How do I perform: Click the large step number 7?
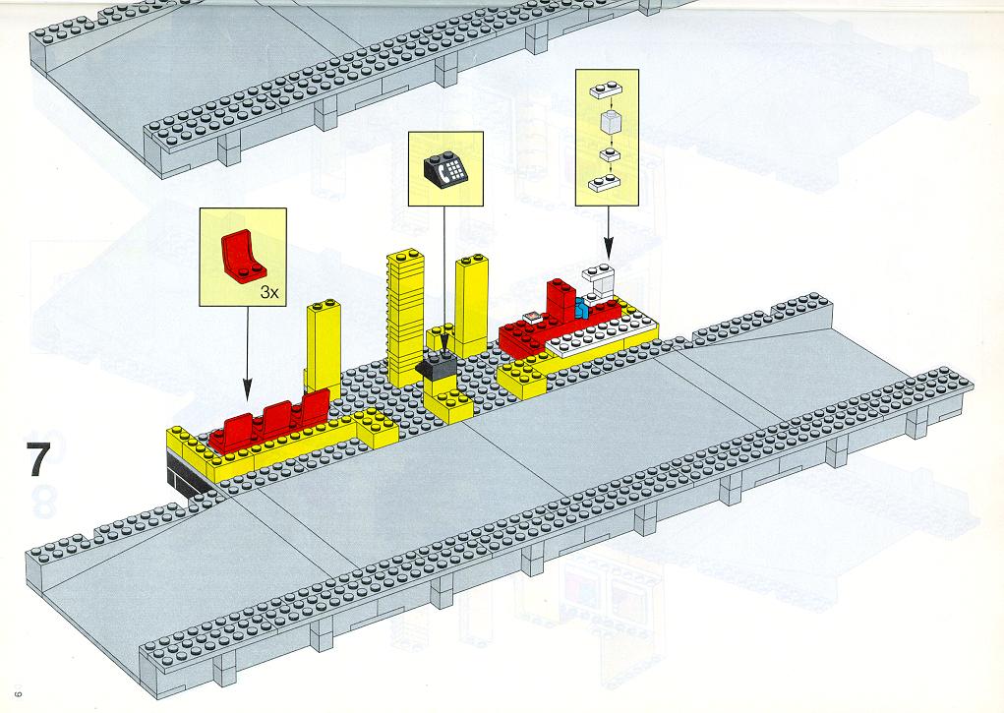(x=37, y=458)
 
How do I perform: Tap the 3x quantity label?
(x=269, y=293)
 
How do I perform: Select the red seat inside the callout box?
(x=243, y=257)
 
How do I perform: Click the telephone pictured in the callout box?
(x=445, y=170)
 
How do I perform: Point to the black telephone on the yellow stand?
(x=436, y=366)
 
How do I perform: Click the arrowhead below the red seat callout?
(x=247, y=387)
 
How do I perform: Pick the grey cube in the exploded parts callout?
(x=609, y=122)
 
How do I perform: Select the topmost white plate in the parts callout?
(x=607, y=90)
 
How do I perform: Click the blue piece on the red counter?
(x=581, y=309)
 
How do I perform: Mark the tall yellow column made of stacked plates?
(x=405, y=318)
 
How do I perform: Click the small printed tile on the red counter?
(x=533, y=317)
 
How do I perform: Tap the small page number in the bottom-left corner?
(x=19, y=688)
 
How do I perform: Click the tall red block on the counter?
(x=561, y=301)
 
